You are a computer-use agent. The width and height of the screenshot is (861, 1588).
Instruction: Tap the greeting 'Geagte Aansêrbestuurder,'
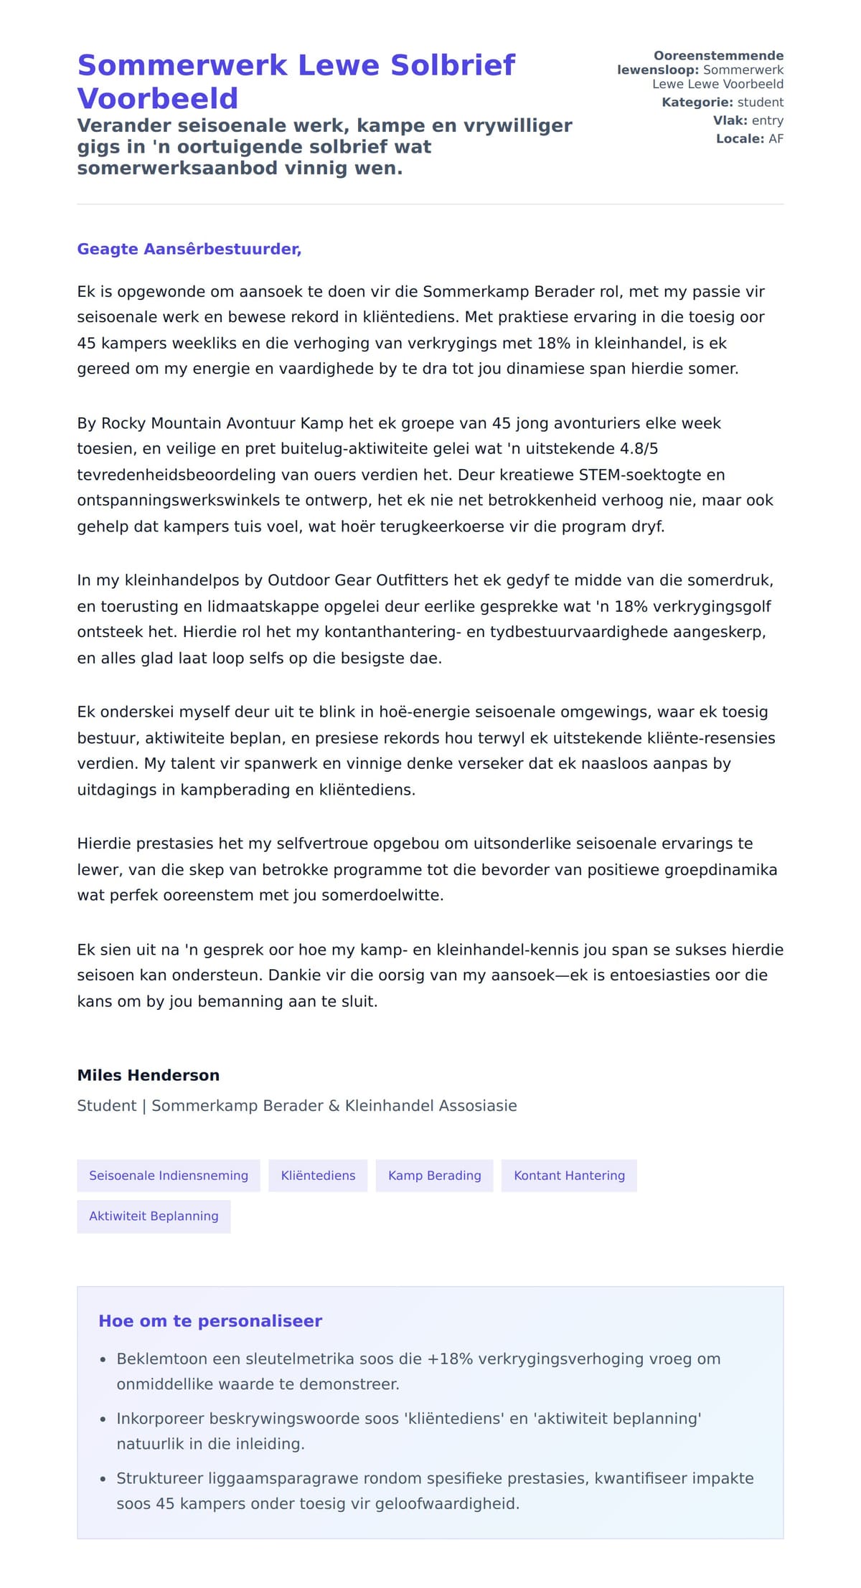pyautogui.click(x=189, y=249)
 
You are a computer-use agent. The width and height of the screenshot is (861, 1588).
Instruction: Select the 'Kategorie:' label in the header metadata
pyautogui.click(x=697, y=103)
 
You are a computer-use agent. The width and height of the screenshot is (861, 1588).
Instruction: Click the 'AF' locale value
pyautogui.click(x=776, y=139)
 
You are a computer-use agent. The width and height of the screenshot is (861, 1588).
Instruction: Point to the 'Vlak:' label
pyautogui.click(x=730, y=120)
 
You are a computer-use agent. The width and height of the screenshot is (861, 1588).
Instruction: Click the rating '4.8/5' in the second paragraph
pyautogui.click(x=639, y=449)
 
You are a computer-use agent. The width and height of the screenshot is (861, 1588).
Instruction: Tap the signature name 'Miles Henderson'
pyautogui.click(x=148, y=1075)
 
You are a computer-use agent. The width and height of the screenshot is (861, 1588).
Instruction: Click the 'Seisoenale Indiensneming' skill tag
pyautogui.click(x=169, y=1176)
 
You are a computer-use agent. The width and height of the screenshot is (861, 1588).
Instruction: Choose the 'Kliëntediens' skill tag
pyautogui.click(x=318, y=1176)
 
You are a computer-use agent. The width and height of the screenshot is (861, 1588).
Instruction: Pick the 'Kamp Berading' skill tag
pyautogui.click(x=434, y=1176)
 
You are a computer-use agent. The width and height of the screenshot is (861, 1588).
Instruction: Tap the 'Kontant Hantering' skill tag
pyautogui.click(x=569, y=1176)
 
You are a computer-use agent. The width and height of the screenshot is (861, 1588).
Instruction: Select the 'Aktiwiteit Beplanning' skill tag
pyautogui.click(x=154, y=1216)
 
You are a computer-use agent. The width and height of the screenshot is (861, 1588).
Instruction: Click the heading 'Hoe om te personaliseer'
pyautogui.click(x=210, y=1321)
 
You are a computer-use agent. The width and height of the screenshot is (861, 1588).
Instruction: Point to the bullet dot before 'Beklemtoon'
pyautogui.click(x=103, y=1359)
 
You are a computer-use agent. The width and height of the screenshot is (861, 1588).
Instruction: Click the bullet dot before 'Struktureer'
pyautogui.click(x=103, y=1479)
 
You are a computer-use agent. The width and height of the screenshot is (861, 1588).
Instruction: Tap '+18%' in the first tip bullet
pyautogui.click(x=450, y=1358)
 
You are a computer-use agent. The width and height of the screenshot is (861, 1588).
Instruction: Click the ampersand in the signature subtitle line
pyautogui.click(x=334, y=1106)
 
